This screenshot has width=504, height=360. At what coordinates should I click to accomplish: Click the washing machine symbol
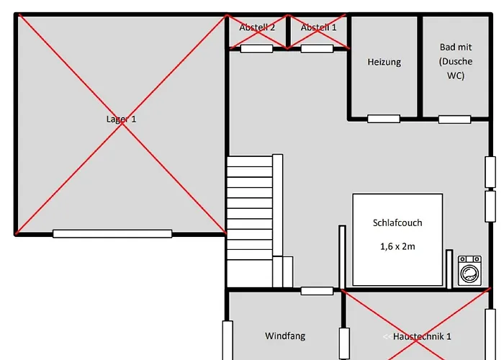pyautogui.click(x=470, y=272)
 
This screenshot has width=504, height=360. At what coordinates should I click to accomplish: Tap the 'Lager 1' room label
pyautogui.click(x=121, y=119)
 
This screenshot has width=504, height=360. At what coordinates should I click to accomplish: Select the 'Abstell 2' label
pyautogui.click(x=257, y=27)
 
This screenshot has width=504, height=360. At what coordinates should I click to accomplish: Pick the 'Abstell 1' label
pyautogui.click(x=318, y=27)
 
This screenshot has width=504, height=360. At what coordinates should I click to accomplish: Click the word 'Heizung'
pyautogui.click(x=384, y=62)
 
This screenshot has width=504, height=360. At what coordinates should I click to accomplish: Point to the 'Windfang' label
pyautogui.click(x=285, y=336)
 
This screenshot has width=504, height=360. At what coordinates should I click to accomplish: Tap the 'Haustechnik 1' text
pyautogui.click(x=423, y=336)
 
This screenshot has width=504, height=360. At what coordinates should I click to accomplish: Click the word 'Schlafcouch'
pyautogui.click(x=397, y=223)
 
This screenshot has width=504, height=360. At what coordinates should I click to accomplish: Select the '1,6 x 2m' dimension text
pyautogui.click(x=397, y=246)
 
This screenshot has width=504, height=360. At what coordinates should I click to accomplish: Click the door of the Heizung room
pyautogui.click(x=383, y=119)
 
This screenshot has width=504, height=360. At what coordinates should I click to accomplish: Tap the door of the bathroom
pyautogui.click(x=454, y=119)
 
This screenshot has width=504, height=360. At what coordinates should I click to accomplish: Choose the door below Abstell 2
pyautogui.click(x=256, y=49)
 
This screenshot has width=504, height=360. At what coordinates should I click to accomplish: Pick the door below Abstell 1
pyautogui.click(x=317, y=49)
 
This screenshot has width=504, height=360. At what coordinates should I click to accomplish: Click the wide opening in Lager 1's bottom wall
pyautogui.click(x=112, y=233)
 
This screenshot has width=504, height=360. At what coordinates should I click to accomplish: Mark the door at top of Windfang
pyautogui.click(x=317, y=291)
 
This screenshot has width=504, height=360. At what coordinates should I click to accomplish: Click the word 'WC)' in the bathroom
pyautogui.click(x=455, y=76)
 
